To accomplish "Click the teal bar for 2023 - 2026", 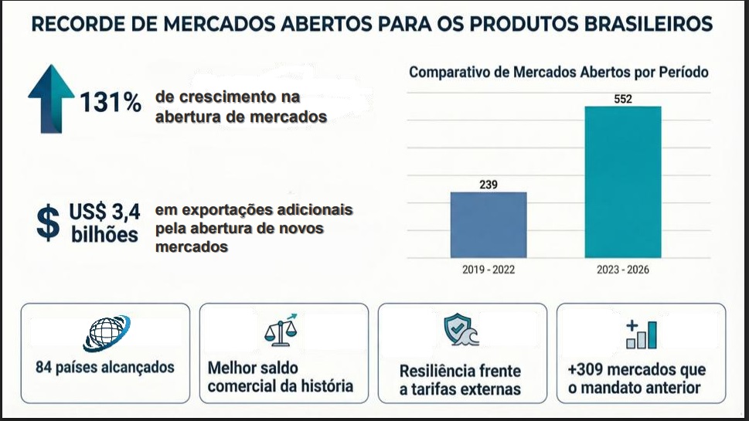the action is point(623,182).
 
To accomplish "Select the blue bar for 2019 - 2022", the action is point(489,225).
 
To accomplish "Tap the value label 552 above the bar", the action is point(623,99).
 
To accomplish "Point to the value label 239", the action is point(489,185).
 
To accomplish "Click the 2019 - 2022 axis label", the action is point(489,270).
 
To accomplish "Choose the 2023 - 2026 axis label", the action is point(623,270).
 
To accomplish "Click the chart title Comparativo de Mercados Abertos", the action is point(558,72).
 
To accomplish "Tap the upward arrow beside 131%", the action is point(51,99).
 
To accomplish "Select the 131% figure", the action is point(111,102).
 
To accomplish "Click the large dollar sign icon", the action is point(48,223).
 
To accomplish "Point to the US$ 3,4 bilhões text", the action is point(104,223).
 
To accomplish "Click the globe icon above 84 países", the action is point(106,333).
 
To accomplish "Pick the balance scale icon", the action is point(281,330).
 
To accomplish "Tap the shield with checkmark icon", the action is point(460,329).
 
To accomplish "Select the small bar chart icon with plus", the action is point(641,334).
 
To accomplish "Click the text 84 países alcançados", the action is point(105,367).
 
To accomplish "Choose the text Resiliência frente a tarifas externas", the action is point(460,380).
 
